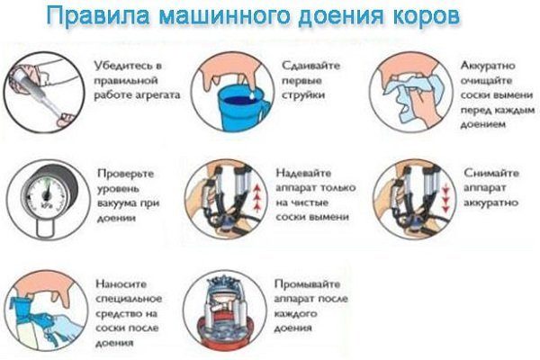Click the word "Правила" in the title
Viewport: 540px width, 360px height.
98,16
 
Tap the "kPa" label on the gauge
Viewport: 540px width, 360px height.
46,206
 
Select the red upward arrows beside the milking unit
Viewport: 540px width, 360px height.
256,197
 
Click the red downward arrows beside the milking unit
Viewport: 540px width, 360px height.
445,197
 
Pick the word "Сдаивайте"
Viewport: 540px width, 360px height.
310,66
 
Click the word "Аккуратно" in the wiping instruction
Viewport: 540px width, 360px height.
488,66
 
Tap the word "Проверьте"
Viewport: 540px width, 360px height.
125,174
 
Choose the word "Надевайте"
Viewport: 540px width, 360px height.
303,174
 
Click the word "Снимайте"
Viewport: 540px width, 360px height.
491,173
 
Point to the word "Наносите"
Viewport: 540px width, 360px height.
121,283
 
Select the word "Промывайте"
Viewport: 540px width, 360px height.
307,284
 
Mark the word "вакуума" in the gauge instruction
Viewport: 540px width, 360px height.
116,203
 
